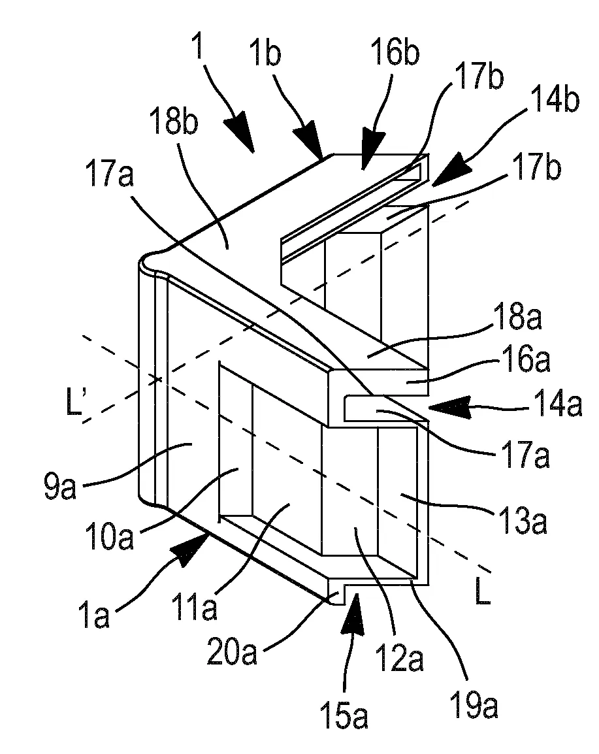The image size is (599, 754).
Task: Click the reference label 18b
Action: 173,121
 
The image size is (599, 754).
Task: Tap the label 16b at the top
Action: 395,52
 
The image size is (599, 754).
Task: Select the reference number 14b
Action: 555,99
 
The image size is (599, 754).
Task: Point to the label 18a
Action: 517,318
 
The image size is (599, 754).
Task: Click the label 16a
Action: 526,360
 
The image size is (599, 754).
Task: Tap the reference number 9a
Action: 61,485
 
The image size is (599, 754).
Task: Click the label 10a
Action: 108,536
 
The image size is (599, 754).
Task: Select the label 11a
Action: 195,607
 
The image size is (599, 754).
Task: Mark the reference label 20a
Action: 231,651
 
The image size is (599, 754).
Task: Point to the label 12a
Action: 400,658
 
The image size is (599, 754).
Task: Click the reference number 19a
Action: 474,704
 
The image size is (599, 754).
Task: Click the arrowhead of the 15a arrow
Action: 352,611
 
